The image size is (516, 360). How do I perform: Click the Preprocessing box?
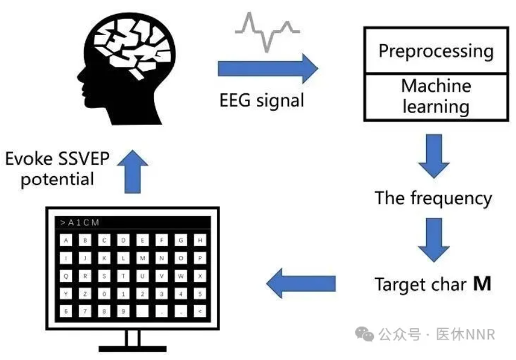[435, 51]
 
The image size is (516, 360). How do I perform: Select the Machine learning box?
[435, 96]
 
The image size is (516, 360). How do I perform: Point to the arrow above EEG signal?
[268, 68]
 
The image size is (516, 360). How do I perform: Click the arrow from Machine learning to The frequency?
[434, 155]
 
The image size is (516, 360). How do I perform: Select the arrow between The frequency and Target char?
[434, 244]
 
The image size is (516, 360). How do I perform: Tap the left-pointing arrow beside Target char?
[300, 283]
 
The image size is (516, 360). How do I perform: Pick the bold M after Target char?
[482, 284]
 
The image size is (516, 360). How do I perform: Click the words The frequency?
[433, 199]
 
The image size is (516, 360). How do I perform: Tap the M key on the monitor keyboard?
[142, 258]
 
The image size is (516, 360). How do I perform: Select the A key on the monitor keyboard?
[66, 241]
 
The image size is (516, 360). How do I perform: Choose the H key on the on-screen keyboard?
[200, 241]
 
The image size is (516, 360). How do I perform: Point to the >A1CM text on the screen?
[80, 222]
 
